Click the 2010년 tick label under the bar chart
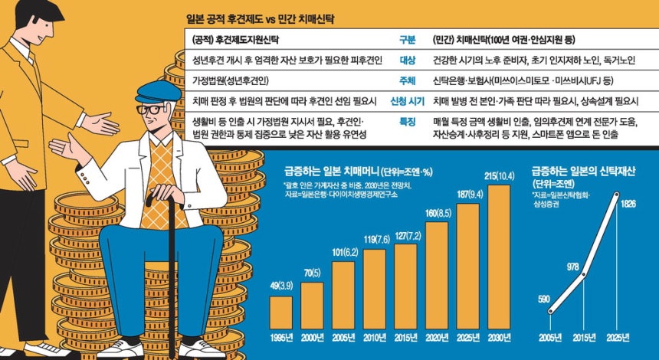coord(374,339)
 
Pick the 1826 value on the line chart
coord(630,205)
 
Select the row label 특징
coord(408,121)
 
